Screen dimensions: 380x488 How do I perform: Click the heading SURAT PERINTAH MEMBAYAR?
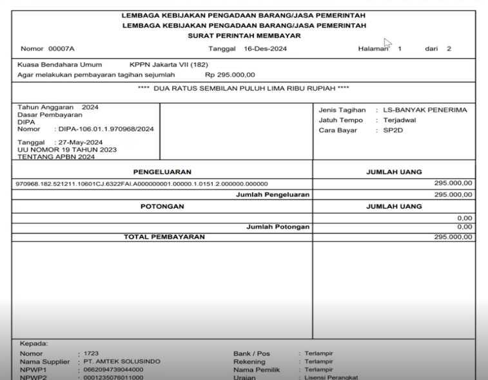pyautogui.click(x=244, y=35)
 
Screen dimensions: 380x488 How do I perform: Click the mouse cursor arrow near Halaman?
pyautogui.click(x=387, y=43)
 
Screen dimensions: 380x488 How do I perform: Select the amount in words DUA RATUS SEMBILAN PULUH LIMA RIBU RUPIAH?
pyautogui.click(x=244, y=88)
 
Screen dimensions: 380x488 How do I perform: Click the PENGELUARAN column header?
pyautogui.click(x=162, y=172)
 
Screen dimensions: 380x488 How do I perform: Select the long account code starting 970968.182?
pyautogui.click(x=142, y=184)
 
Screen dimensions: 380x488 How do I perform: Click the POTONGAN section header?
pyautogui.click(x=162, y=206)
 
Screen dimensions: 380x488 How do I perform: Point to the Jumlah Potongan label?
pyautogui.click(x=278, y=226)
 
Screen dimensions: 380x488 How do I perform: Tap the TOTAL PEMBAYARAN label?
pyautogui.click(x=164, y=237)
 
